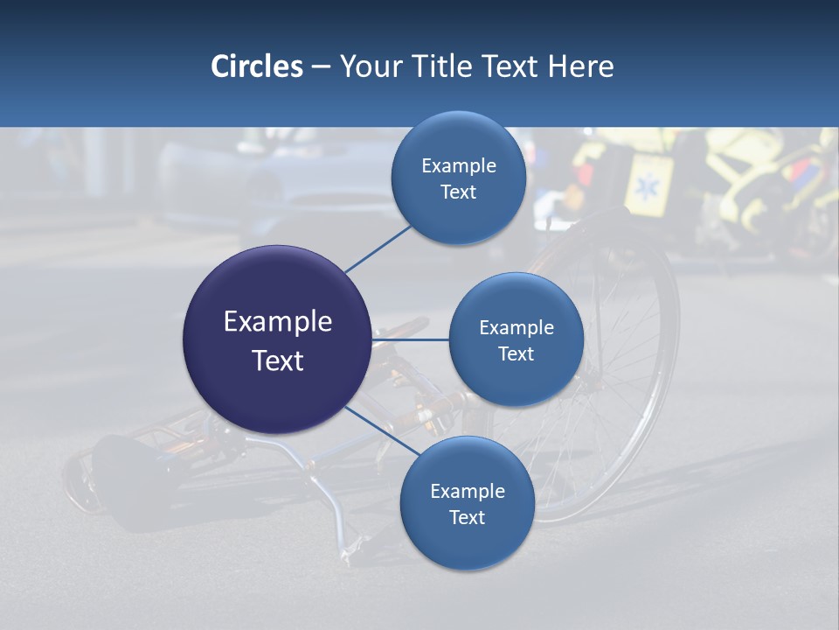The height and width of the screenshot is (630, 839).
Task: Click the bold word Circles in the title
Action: [x=257, y=66]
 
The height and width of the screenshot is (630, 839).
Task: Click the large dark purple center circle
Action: [x=277, y=339]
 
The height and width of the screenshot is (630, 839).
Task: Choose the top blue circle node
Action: [x=458, y=178]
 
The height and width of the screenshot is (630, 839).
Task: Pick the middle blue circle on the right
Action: [x=516, y=339]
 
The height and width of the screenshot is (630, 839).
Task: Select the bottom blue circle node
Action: [x=467, y=503]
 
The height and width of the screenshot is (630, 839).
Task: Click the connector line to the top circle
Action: [x=378, y=248]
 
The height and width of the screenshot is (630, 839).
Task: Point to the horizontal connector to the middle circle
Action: [x=410, y=339]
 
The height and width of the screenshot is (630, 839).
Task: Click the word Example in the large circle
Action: [x=277, y=322]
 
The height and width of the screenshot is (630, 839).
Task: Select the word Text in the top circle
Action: [x=458, y=192]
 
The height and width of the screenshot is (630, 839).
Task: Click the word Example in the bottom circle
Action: [x=467, y=491]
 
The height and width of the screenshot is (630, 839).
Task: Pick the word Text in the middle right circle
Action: [x=516, y=353]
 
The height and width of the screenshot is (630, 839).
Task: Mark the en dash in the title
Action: [x=321, y=66]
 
